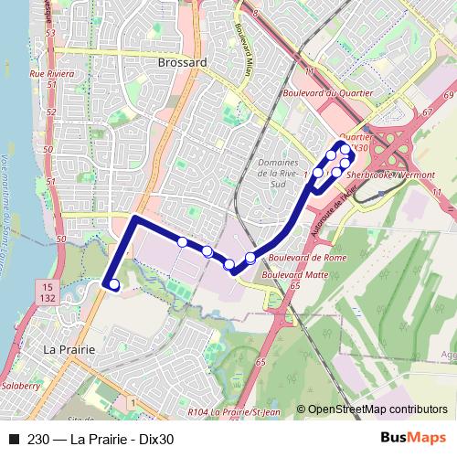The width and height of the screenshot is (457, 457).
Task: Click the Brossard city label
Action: point(182,63)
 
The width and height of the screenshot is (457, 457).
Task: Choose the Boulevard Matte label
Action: point(295,272)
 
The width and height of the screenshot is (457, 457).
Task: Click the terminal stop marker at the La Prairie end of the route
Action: point(114,286)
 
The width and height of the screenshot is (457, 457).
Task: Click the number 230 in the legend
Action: point(38,438)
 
